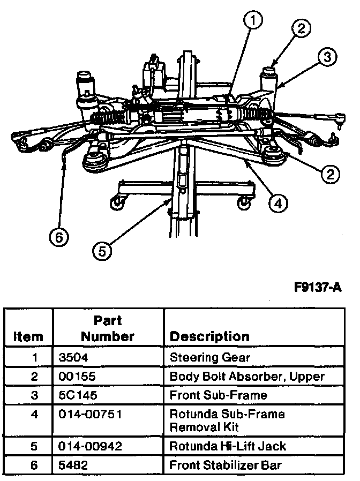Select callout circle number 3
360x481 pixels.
[328, 56]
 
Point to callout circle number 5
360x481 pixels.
[101, 250]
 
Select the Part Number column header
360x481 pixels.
[108, 328]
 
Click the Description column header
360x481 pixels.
[209, 336]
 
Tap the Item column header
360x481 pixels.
[28, 336]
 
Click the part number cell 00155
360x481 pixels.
[78, 376]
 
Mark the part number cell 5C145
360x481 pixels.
[78, 395]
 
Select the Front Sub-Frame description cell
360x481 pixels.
[211, 395]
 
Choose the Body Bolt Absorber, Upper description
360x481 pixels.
[247, 376]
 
